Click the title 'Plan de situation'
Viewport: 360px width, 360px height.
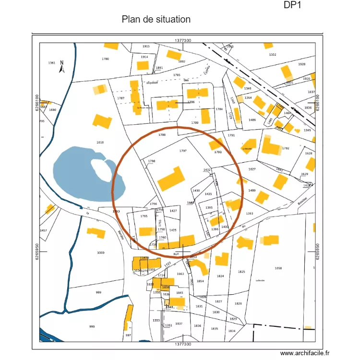coord(156,20)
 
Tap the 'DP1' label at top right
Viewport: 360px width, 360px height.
coord(292,5)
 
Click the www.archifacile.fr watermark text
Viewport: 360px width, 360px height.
coord(305,353)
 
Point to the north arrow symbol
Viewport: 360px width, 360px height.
coord(62,69)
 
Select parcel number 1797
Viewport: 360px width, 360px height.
coord(182,151)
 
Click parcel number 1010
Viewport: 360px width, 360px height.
coord(100,143)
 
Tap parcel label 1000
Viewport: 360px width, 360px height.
coord(100,252)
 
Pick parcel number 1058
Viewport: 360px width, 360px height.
coord(278,268)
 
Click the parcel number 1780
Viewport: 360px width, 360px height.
coord(106,59)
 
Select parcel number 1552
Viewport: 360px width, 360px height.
coord(273,55)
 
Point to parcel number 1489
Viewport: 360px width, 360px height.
coord(252,191)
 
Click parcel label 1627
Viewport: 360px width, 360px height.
coord(252,169)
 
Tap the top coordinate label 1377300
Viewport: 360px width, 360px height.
coord(183,41)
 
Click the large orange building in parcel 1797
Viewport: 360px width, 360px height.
coord(171,179)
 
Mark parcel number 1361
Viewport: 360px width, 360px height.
coord(52,63)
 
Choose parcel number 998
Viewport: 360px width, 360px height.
coord(92,326)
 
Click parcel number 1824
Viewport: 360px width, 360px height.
coord(220,276)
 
